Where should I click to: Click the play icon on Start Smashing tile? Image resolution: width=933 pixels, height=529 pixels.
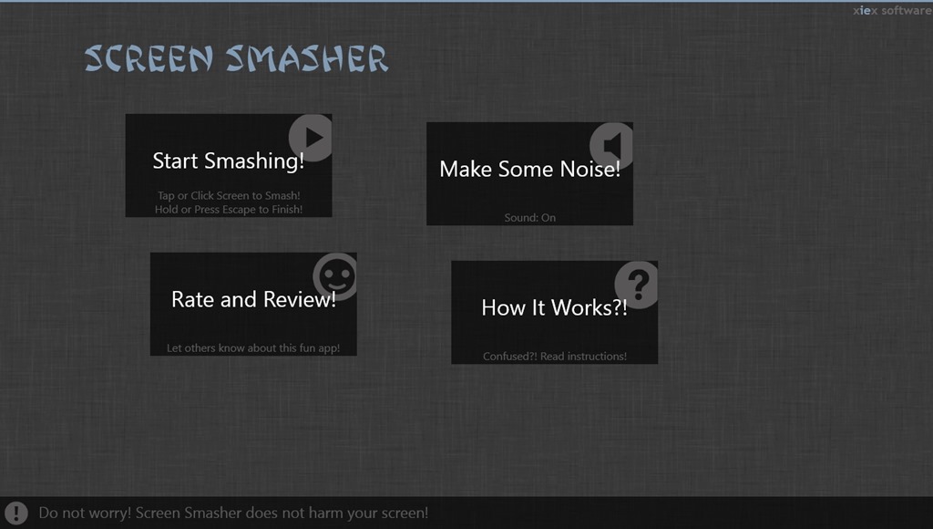(311, 138)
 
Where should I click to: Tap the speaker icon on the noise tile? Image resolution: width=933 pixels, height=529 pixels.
(611, 145)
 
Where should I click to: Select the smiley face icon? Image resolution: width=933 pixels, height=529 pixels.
(335, 276)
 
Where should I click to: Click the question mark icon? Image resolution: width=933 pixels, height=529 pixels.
(637, 285)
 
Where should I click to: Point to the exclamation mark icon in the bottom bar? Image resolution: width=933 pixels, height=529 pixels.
(16, 513)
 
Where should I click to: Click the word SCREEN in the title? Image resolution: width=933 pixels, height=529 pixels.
(149, 59)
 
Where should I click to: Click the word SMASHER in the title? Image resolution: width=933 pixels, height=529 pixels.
(307, 59)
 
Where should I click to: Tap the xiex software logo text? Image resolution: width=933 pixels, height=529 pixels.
(893, 11)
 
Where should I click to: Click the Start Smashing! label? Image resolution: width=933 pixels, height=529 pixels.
(229, 161)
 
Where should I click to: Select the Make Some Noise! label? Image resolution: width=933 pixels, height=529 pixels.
(529, 169)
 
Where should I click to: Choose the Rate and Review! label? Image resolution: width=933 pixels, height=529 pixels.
(253, 299)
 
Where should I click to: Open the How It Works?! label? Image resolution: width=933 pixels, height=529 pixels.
(554, 307)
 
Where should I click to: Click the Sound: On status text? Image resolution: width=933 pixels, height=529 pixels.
(529, 217)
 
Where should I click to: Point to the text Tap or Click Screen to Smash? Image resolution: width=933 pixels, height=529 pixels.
(229, 195)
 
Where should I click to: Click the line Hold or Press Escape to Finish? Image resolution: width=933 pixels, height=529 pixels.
(229, 209)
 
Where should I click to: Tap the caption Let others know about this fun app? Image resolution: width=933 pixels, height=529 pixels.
(253, 347)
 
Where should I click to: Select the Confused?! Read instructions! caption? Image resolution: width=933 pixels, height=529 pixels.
(555, 357)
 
